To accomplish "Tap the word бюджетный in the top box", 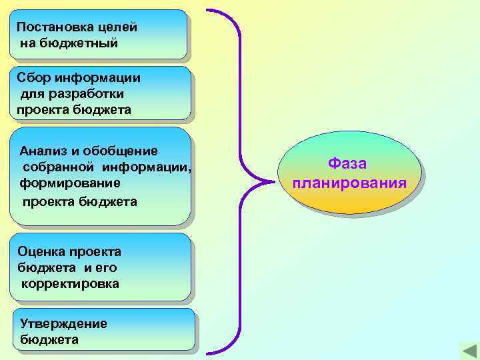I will click(x=78, y=43).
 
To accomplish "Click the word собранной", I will click(x=54, y=166).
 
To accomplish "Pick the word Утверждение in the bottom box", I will click(x=63, y=323).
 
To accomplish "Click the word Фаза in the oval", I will click(x=347, y=164).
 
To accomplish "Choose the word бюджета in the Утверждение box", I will click(x=49, y=339).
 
